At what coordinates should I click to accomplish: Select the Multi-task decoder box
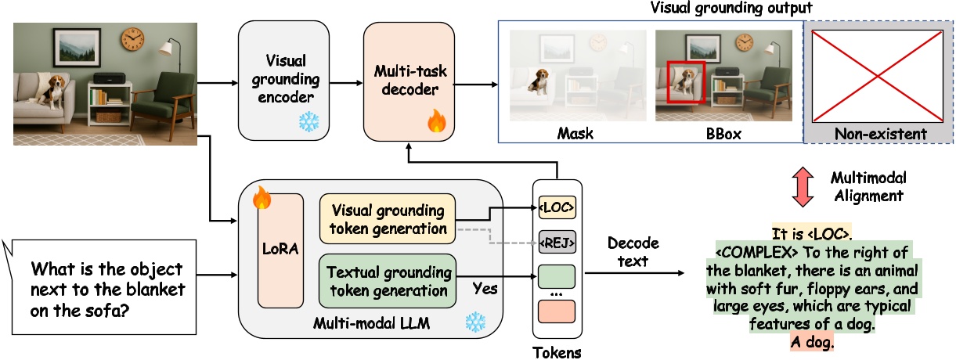point(409,78)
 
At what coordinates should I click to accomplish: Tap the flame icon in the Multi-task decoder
point(436,122)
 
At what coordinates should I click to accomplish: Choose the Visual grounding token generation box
point(387,218)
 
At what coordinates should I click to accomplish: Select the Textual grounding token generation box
point(387,281)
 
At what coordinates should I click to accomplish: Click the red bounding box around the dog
point(686,82)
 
